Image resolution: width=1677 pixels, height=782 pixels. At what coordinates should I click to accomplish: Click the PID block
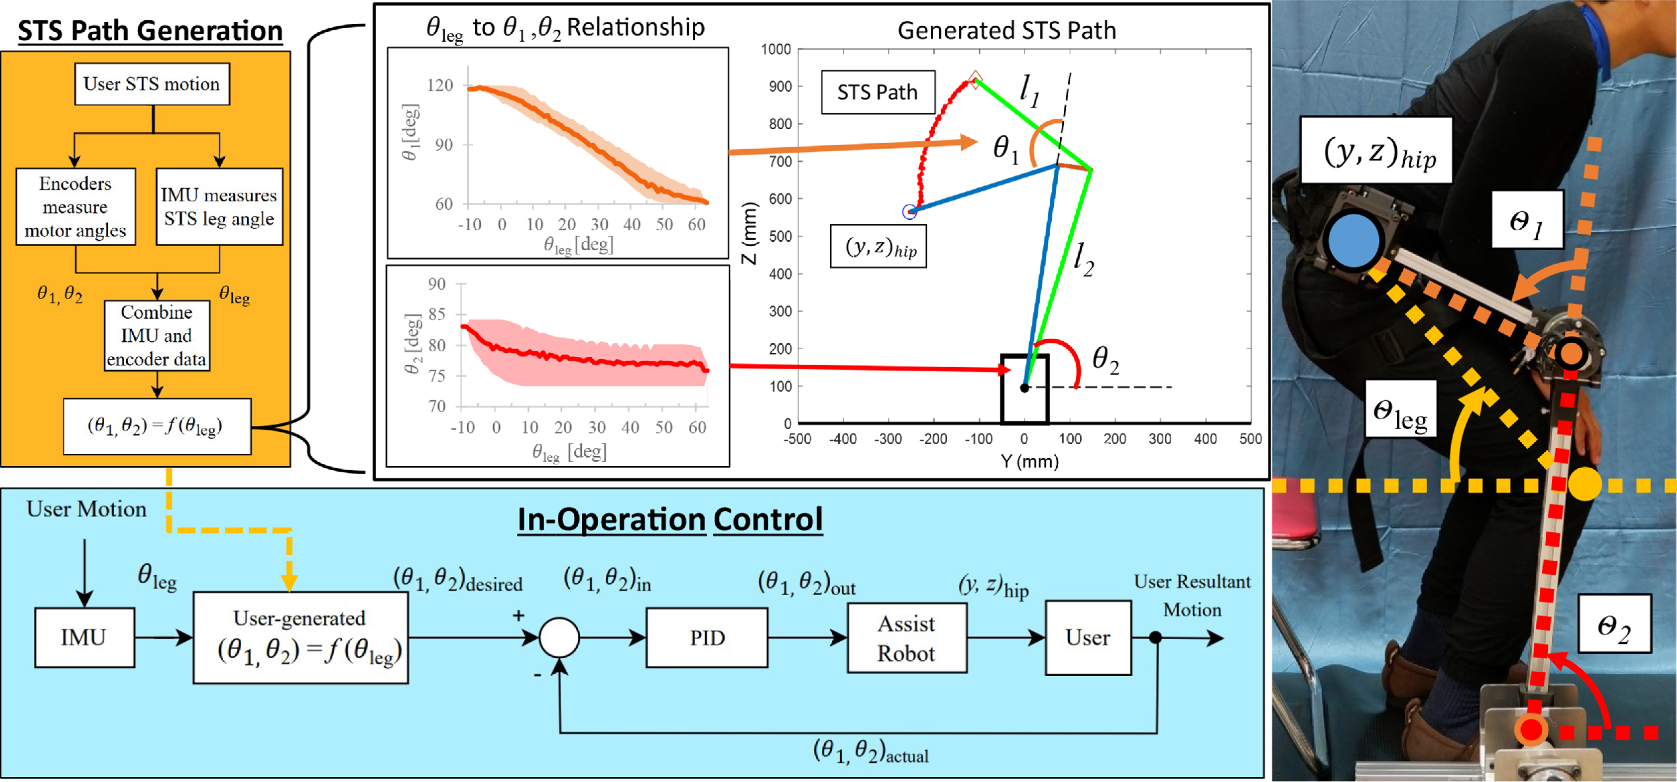(706, 638)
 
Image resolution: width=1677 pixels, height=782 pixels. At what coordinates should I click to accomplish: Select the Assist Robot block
(906, 638)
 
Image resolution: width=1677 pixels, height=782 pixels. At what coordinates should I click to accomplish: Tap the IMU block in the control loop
(84, 638)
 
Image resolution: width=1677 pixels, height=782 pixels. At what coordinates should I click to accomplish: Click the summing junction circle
(559, 638)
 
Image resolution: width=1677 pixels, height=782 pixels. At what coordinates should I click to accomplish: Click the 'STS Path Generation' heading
(150, 31)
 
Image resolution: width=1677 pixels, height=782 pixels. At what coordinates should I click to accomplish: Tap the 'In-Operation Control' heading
(670, 519)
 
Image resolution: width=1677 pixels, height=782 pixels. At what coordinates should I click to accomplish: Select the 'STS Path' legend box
(877, 92)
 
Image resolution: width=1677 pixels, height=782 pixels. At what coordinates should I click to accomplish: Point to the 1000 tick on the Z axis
(776, 49)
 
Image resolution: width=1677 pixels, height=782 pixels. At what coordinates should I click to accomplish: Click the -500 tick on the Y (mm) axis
(798, 439)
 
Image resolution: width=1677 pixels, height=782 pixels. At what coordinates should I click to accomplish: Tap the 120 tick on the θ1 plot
(440, 85)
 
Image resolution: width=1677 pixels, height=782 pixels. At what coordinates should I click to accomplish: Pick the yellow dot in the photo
(1584, 485)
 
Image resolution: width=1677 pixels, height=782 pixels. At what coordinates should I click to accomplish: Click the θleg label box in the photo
(1400, 417)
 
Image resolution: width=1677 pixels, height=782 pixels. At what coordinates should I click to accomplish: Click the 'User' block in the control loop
(1088, 638)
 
